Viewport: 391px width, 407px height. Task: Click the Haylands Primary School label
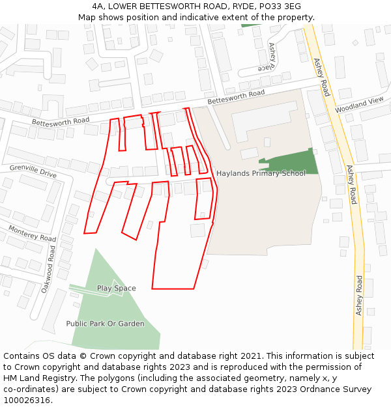click(261, 173)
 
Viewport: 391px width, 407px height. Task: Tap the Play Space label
click(116, 288)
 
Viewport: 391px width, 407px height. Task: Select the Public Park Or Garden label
click(105, 323)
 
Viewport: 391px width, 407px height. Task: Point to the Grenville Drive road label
click(33, 171)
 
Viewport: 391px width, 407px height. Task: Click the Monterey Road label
click(33, 233)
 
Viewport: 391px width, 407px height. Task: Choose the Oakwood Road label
click(50, 268)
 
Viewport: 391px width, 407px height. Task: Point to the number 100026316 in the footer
click(27, 400)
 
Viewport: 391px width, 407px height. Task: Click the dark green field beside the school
click(293, 162)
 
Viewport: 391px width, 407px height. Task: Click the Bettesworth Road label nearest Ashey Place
click(236, 98)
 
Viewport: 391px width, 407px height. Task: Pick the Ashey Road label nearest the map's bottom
click(358, 295)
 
